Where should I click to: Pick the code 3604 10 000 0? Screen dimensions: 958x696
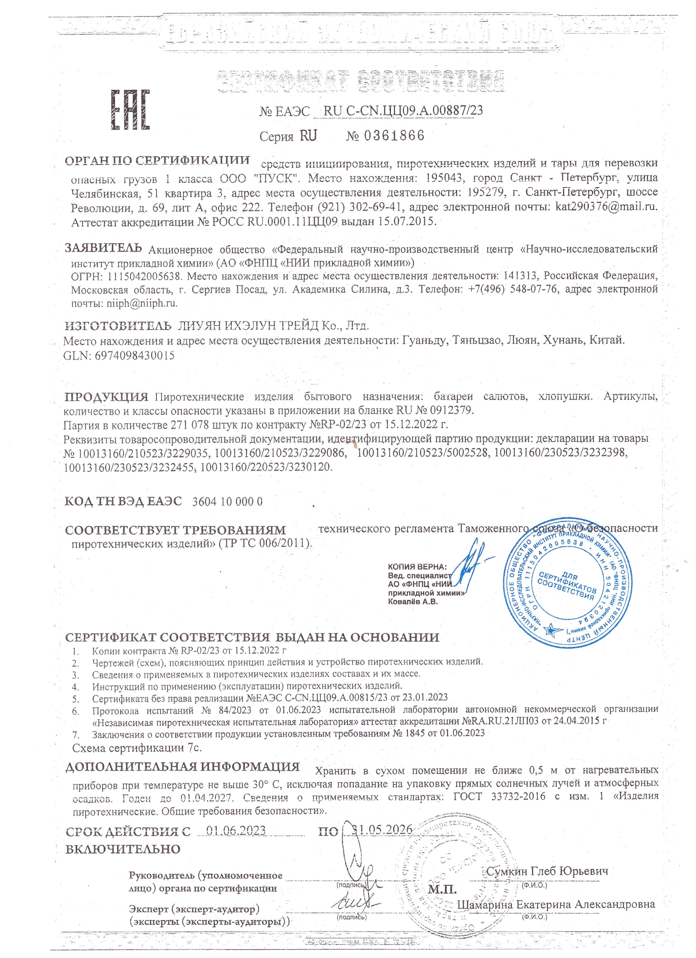(227, 501)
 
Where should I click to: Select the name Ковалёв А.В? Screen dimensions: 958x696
(412, 602)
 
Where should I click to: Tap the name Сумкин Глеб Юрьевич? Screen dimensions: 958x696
(547, 871)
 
